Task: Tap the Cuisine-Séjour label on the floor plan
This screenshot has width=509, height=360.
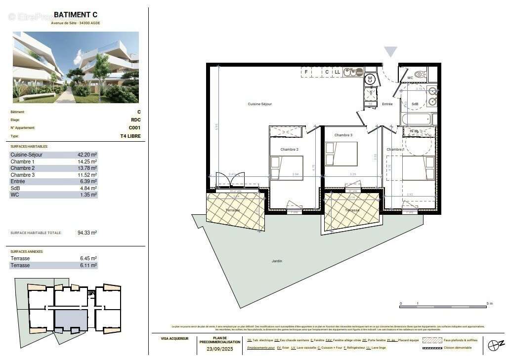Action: click(260, 104)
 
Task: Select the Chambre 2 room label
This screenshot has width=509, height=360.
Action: click(290, 149)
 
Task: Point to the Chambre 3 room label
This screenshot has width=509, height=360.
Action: click(343, 135)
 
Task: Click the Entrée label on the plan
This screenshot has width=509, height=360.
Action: click(387, 104)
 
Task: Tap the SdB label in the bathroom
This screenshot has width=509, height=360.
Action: click(415, 104)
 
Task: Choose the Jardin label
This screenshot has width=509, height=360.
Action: click(277, 261)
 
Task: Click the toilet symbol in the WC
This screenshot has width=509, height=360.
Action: click(419, 75)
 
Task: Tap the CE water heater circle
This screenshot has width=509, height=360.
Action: click(370, 79)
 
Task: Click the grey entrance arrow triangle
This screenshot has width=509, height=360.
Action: click(391, 52)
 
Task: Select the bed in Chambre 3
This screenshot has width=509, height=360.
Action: click(341, 154)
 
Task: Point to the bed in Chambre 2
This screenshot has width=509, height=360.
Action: click(287, 168)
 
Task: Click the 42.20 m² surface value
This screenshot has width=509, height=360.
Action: click(87, 155)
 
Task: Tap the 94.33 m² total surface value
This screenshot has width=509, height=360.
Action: click(87, 233)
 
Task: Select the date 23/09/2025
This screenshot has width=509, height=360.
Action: click(219, 349)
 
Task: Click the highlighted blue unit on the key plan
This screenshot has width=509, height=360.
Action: click(71, 320)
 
